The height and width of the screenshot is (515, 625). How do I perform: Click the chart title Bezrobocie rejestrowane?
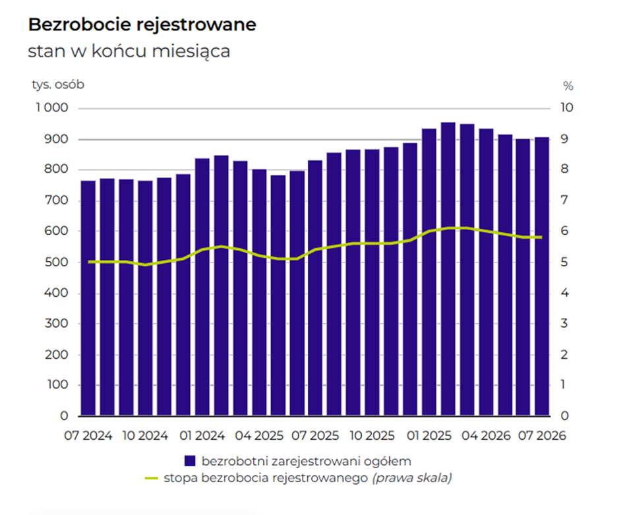(x=142, y=24)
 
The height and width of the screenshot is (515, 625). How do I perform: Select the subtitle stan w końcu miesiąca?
(x=129, y=51)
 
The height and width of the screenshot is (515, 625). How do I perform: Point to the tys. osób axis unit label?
(x=58, y=84)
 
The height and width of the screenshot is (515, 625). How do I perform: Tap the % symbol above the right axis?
(x=568, y=86)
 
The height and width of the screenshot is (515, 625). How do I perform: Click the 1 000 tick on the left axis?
(x=52, y=107)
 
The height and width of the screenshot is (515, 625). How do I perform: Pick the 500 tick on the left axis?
(x=56, y=262)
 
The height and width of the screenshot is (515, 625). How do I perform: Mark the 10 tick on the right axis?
(x=566, y=107)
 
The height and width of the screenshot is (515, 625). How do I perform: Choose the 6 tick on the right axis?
(x=564, y=231)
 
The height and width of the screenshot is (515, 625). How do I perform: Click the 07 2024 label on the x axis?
(x=88, y=436)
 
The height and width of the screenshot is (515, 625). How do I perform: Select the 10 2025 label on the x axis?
(x=372, y=436)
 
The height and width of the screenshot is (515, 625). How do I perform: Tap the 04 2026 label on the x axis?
(x=486, y=436)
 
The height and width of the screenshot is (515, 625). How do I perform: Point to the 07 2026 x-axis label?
(x=542, y=436)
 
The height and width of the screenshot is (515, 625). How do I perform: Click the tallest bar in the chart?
(x=448, y=269)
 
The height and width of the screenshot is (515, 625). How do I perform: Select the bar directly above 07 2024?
(x=88, y=298)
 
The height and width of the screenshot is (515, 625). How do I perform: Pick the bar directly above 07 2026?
(x=542, y=277)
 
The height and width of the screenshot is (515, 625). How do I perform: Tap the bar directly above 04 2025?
(x=259, y=293)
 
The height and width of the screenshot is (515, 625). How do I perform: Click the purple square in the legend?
(x=190, y=461)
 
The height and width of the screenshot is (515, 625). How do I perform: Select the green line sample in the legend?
(x=152, y=478)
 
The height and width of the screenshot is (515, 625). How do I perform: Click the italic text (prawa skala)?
(x=412, y=477)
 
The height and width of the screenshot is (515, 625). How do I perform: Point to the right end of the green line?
(x=542, y=237)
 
